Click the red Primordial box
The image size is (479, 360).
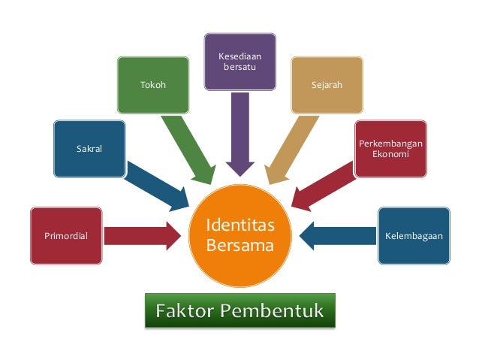pos(66,235)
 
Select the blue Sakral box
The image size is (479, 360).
pos(89,149)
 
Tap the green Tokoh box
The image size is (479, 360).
pos(152,86)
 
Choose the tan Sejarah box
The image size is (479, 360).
pos(327,86)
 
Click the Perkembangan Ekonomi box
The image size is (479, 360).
pos(390,148)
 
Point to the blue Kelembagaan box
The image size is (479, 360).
pos(414,235)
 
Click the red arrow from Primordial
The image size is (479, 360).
pos(143,235)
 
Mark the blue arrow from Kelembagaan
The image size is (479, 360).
pos(336,235)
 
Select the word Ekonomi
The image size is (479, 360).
pos(390,153)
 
